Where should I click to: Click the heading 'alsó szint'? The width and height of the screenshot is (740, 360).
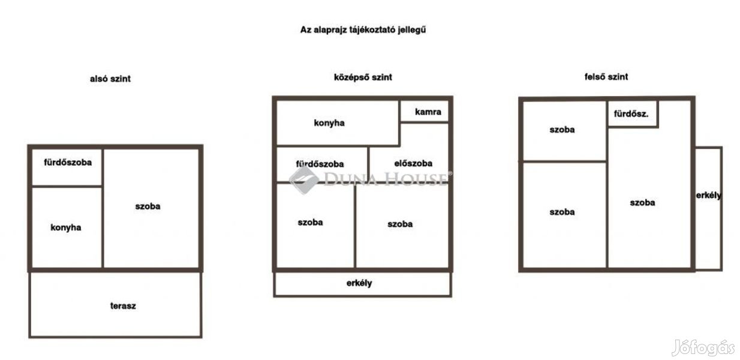point(110,79)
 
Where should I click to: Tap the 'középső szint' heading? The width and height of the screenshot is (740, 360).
point(363,77)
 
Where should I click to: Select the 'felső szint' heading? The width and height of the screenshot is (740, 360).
point(606,77)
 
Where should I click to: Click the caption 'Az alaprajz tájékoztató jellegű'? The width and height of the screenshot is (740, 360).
point(363,30)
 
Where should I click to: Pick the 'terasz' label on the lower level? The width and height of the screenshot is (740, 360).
point(123,306)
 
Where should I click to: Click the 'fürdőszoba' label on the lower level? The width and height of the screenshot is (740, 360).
point(68,163)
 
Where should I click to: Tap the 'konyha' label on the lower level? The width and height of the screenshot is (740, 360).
point(66,227)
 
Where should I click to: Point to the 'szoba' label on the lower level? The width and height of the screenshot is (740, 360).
point(148,206)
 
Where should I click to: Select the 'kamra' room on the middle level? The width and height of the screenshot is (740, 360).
point(425,112)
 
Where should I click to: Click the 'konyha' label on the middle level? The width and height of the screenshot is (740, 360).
point(329,123)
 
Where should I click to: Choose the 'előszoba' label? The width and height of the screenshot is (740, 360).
point(413,163)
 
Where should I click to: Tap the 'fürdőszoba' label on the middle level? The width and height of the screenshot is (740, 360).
point(320,164)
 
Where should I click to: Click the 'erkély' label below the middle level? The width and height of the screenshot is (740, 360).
point(359,283)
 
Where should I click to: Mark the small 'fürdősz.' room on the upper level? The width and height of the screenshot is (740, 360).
point(632,114)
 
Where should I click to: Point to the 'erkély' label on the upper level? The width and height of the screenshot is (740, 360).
point(708,196)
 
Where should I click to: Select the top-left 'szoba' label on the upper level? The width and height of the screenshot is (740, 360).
point(562,130)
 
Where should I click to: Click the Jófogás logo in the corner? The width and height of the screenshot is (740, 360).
point(703,348)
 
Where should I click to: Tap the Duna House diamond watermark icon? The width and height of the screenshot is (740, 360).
point(304,180)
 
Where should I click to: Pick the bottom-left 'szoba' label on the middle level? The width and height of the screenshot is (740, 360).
point(310,222)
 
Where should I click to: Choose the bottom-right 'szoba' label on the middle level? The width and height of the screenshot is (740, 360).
point(400,224)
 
